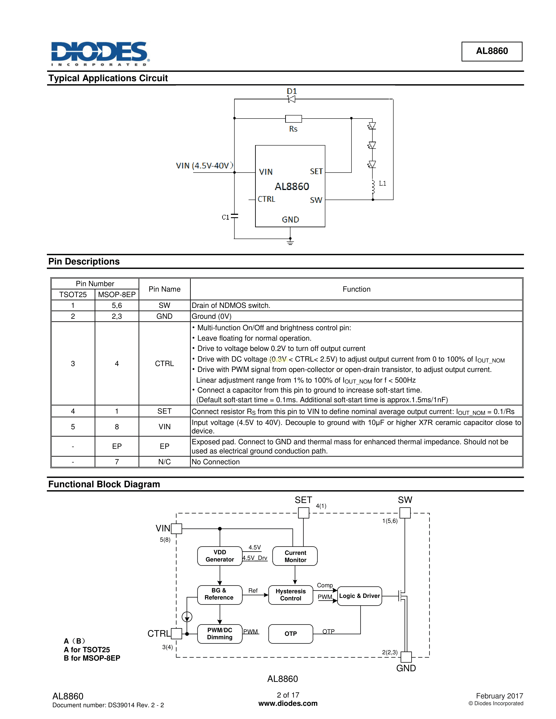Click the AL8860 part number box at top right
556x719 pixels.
[491, 51]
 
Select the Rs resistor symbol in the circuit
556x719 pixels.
[293, 119]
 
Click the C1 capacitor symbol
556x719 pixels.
[234, 216]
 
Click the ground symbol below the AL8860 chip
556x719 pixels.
[290, 243]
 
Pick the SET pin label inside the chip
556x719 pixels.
[316, 171]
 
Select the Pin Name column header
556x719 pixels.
[164, 289]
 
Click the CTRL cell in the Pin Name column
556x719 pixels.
[164, 363]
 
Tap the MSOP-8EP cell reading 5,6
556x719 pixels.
[117, 305]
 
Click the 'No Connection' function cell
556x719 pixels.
[216, 462]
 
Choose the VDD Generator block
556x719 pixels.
[220, 556]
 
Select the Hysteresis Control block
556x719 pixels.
[290, 595]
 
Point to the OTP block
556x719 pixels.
[290, 634]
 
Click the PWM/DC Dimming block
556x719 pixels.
[220, 634]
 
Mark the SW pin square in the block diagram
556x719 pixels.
[405, 513]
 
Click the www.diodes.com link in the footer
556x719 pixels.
[288, 704]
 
